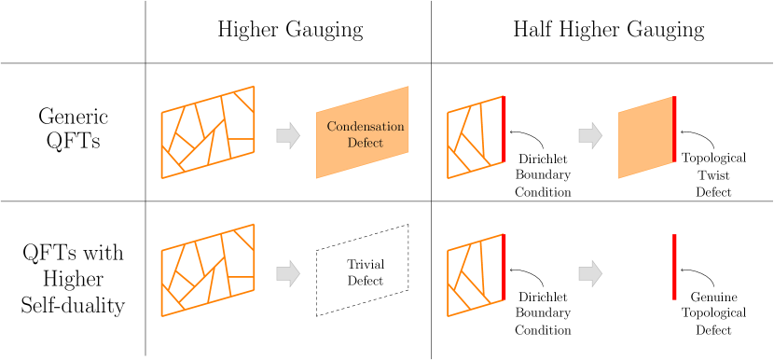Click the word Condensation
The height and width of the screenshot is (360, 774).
[x=366, y=127]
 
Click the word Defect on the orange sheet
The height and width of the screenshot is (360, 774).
[x=366, y=143]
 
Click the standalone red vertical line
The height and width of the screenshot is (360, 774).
[x=674, y=267]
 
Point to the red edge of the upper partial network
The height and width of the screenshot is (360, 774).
[x=504, y=129]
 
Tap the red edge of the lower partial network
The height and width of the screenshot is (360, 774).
[x=504, y=267]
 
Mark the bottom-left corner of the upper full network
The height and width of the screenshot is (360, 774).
[x=161, y=178]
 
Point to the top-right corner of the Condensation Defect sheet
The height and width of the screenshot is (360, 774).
[x=408, y=87]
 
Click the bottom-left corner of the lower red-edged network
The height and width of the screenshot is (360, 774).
[x=448, y=316]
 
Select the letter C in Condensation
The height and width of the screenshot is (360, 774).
[x=331, y=127]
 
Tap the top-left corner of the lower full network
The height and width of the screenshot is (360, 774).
[x=161, y=250]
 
